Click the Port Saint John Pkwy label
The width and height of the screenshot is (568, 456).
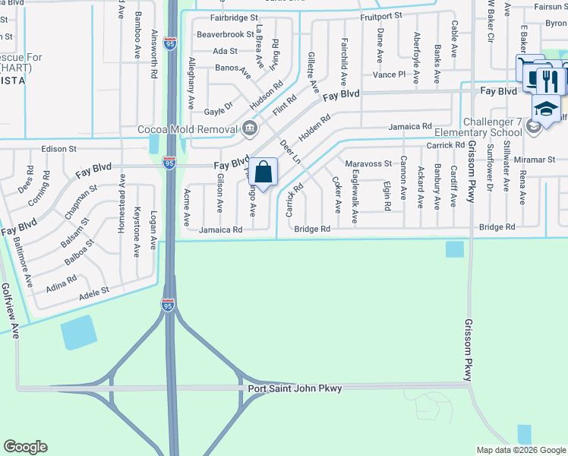(295, 389)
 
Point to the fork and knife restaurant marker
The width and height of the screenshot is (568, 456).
(547, 81)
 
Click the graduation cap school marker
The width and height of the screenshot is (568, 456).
(546, 109)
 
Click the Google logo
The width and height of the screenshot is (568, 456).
(25, 447)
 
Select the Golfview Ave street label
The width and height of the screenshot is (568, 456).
(10, 311)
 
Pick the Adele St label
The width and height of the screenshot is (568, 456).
(94, 290)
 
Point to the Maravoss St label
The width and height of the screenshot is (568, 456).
(368, 163)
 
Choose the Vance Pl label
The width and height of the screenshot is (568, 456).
(390, 74)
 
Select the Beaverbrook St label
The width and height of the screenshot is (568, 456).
(225, 34)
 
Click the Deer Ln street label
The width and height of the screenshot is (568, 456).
(290, 148)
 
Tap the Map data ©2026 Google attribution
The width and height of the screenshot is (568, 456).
(521, 450)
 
